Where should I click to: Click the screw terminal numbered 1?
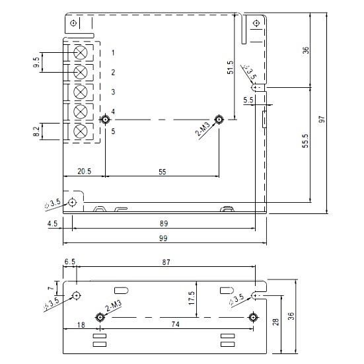coord(81,52)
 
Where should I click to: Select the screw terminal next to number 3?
coord(81,92)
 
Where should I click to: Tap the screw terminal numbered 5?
coord(81,131)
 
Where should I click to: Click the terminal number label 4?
coord(113,112)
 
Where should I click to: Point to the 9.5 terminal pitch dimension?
coord(37,62)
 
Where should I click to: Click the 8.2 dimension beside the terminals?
coord(37,131)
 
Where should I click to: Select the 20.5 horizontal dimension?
coord(85,171)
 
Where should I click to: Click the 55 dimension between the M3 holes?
coord(163,172)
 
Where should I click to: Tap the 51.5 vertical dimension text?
coord(230,67)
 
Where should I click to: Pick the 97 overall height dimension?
coord(322,120)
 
